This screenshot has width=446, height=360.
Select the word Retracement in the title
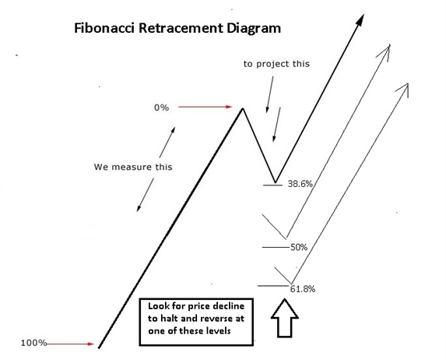coord(181,28)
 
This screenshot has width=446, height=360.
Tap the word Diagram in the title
coord(254,29)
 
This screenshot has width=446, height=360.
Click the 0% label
coord(162,108)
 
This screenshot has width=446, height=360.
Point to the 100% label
coord(33,343)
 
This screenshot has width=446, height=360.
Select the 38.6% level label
coord(300,184)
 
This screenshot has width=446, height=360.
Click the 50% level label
coord(299,247)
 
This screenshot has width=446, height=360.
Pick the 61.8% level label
coord(303,289)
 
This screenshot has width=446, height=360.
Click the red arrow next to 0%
coord(205,107)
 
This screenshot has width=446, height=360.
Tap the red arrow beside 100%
coord(70,344)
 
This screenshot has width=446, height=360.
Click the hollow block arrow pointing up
coord(284,318)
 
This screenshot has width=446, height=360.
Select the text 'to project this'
coord(276,64)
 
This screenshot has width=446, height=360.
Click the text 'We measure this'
coord(133,167)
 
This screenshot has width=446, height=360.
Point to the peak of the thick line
coord(243,108)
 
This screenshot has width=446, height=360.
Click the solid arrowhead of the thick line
coord(360,20)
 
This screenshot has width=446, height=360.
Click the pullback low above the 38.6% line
coord(276,182)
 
